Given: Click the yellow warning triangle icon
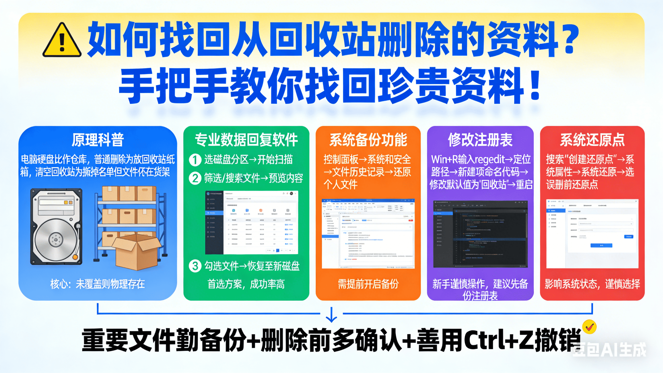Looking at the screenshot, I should (x=62, y=41).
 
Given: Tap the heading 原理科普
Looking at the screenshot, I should (x=98, y=140).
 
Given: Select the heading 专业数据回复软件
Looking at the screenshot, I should (x=246, y=140).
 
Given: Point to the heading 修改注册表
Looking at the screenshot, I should (x=480, y=140).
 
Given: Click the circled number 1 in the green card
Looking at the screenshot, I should (x=195, y=160).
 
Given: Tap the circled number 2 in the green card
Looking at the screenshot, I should (x=195, y=178).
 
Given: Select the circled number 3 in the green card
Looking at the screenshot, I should (x=195, y=266).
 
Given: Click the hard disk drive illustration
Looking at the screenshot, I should (x=56, y=227).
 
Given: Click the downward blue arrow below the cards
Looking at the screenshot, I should (x=331, y=315).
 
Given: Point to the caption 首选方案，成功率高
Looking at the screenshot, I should (x=246, y=284).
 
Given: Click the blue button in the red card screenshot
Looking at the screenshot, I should (x=601, y=245).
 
